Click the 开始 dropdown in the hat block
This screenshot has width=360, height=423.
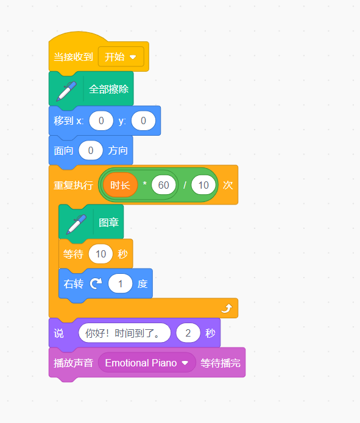point(121,57)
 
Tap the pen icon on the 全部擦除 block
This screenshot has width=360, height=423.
point(66,91)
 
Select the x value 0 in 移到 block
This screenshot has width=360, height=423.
point(101,121)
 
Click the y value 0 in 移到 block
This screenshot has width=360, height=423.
point(143,121)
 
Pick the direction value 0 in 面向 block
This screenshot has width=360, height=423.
point(91,150)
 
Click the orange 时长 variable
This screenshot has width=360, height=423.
point(120,185)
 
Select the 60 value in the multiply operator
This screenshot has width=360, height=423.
point(164,185)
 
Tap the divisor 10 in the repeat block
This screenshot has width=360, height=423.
point(203,185)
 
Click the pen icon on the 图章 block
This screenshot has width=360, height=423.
point(76,225)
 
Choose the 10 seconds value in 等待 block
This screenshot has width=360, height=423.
point(101,254)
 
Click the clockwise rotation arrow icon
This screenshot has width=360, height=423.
point(96,284)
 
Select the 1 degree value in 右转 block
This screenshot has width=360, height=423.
point(121,284)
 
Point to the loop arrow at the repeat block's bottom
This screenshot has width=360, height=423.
point(227,308)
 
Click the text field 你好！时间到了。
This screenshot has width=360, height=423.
point(125,333)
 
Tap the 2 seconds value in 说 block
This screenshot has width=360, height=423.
point(188,333)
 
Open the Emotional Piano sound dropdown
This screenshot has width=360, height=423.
point(147,363)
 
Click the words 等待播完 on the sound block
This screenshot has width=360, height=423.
point(221,363)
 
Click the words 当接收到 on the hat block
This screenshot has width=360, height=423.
point(73,57)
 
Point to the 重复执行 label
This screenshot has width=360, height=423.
point(73,186)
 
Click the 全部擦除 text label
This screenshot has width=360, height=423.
point(108,89)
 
